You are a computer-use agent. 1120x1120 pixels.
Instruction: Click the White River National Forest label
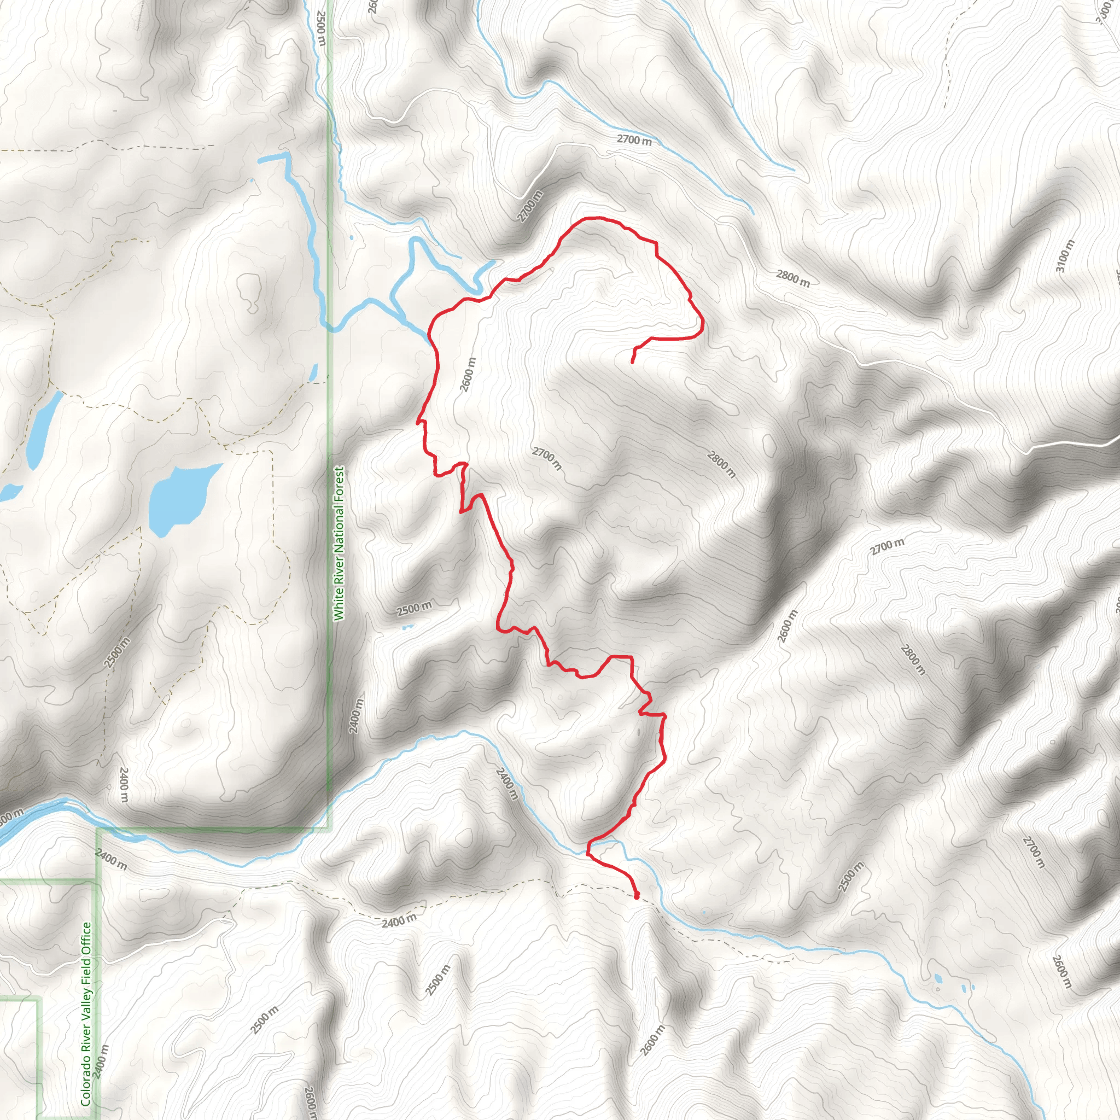(339, 544)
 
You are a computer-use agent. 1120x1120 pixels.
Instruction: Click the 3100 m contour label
(1065, 257)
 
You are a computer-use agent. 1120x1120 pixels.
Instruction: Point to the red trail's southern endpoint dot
(637, 896)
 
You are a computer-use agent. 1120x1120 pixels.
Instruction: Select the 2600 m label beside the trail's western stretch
(469, 375)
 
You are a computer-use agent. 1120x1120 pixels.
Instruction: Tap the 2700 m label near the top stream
(634, 139)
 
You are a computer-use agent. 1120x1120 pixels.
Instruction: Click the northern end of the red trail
(632, 361)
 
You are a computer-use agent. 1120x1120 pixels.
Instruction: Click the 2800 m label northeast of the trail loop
(792, 279)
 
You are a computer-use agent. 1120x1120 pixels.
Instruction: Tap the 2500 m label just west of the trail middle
(414, 609)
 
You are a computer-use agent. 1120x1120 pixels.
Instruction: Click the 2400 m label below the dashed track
(399, 920)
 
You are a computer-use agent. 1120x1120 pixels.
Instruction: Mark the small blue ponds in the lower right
(938, 979)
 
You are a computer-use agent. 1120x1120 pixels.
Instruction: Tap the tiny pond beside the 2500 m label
(407, 627)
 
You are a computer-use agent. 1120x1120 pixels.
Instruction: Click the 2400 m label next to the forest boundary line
(357, 716)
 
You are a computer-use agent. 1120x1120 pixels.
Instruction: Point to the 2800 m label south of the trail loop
(721, 465)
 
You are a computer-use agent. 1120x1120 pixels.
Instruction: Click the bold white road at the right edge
(1072, 444)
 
